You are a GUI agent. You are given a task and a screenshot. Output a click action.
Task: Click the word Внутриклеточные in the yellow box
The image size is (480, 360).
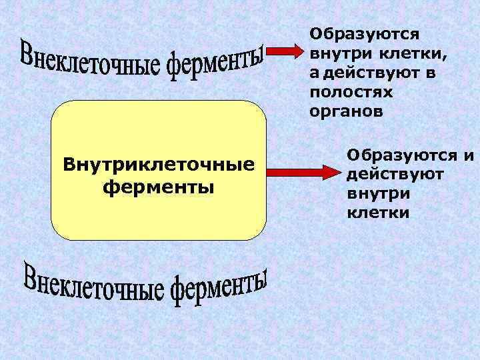[159, 163]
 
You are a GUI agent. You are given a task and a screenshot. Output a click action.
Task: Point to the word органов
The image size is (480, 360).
[346, 111]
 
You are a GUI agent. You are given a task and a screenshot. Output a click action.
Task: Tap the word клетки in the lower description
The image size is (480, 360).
[378, 213]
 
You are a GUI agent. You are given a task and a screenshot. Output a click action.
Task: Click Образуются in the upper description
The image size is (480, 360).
[364, 33]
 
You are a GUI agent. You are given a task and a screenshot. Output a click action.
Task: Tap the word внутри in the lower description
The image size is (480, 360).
[379, 194]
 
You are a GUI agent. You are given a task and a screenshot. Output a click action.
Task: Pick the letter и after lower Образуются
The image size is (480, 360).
[469, 157]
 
